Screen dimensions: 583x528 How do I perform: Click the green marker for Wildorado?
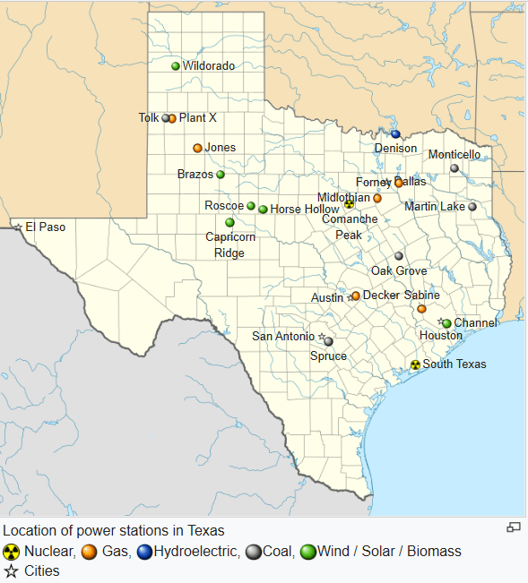click(x=176, y=65)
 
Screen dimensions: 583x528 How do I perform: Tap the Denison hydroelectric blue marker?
click(x=395, y=134)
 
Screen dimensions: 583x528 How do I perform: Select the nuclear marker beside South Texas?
click(x=415, y=364)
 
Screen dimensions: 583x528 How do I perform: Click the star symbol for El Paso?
click(x=18, y=227)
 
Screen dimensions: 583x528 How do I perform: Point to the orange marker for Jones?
click(x=197, y=148)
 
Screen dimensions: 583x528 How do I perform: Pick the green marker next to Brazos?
click(x=221, y=175)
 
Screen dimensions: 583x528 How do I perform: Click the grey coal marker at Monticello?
click(x=454, y=167)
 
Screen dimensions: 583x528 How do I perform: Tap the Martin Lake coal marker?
click(x=472, y=207)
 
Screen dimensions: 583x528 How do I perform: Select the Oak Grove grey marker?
click(x=399, y=256)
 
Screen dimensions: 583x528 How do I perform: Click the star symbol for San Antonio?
click(x=322, y=337)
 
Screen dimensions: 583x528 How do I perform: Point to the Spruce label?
click(x=327, y=356)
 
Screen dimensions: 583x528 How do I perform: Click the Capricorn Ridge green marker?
click(x=229, y=222)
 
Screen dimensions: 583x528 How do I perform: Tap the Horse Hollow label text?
click(x=305, y=209)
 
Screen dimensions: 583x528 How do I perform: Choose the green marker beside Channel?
click(x=447, y=323)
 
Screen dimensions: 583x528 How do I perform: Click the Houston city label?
click(x=441, y=336)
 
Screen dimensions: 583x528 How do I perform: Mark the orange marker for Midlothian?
click(x=377, y=198)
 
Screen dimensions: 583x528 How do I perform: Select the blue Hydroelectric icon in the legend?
click(x=143, y=552)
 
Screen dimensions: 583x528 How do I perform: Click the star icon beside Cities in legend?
click(x=12, y=570)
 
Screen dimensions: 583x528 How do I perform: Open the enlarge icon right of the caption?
click(x=514, y=527)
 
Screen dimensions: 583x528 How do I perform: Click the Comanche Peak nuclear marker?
click(x=349, y=205)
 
